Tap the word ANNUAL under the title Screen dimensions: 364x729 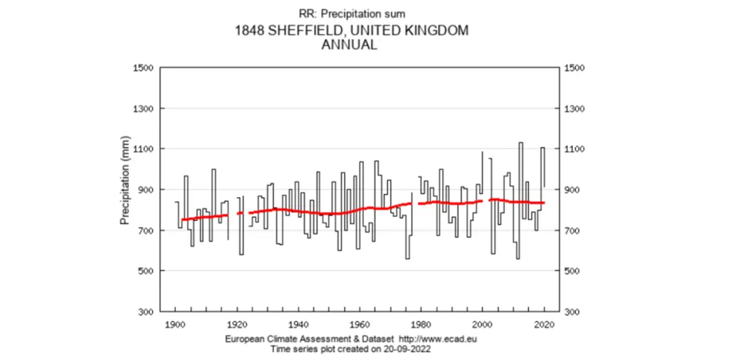350,45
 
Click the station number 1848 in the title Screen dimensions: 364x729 248,31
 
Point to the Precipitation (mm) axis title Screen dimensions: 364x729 125,181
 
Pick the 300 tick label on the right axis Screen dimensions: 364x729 572,312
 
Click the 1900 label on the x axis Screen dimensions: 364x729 175,324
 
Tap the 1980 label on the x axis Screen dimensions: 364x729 421,324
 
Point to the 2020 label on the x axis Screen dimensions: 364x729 544,324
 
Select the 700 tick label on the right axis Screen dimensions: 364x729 572,231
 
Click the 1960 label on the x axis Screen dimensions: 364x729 360,324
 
